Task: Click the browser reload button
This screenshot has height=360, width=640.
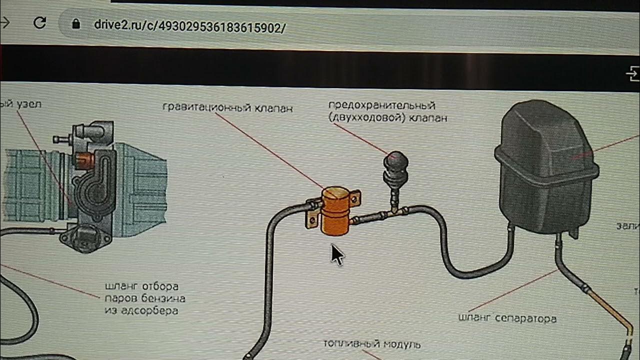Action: tap(39, 22)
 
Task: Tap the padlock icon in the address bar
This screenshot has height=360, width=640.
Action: tap(76, 24)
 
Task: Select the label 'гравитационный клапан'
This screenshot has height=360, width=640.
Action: tap(227, 107)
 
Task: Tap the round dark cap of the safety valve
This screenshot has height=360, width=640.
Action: tap(395, 161)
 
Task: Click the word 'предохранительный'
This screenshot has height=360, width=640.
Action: tap(381, 106)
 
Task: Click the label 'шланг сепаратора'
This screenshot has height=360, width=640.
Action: tap(507, 318)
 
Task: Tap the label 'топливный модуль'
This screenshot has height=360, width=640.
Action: tap(371, 344)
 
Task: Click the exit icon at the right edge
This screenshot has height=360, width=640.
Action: tap(632, 75)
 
